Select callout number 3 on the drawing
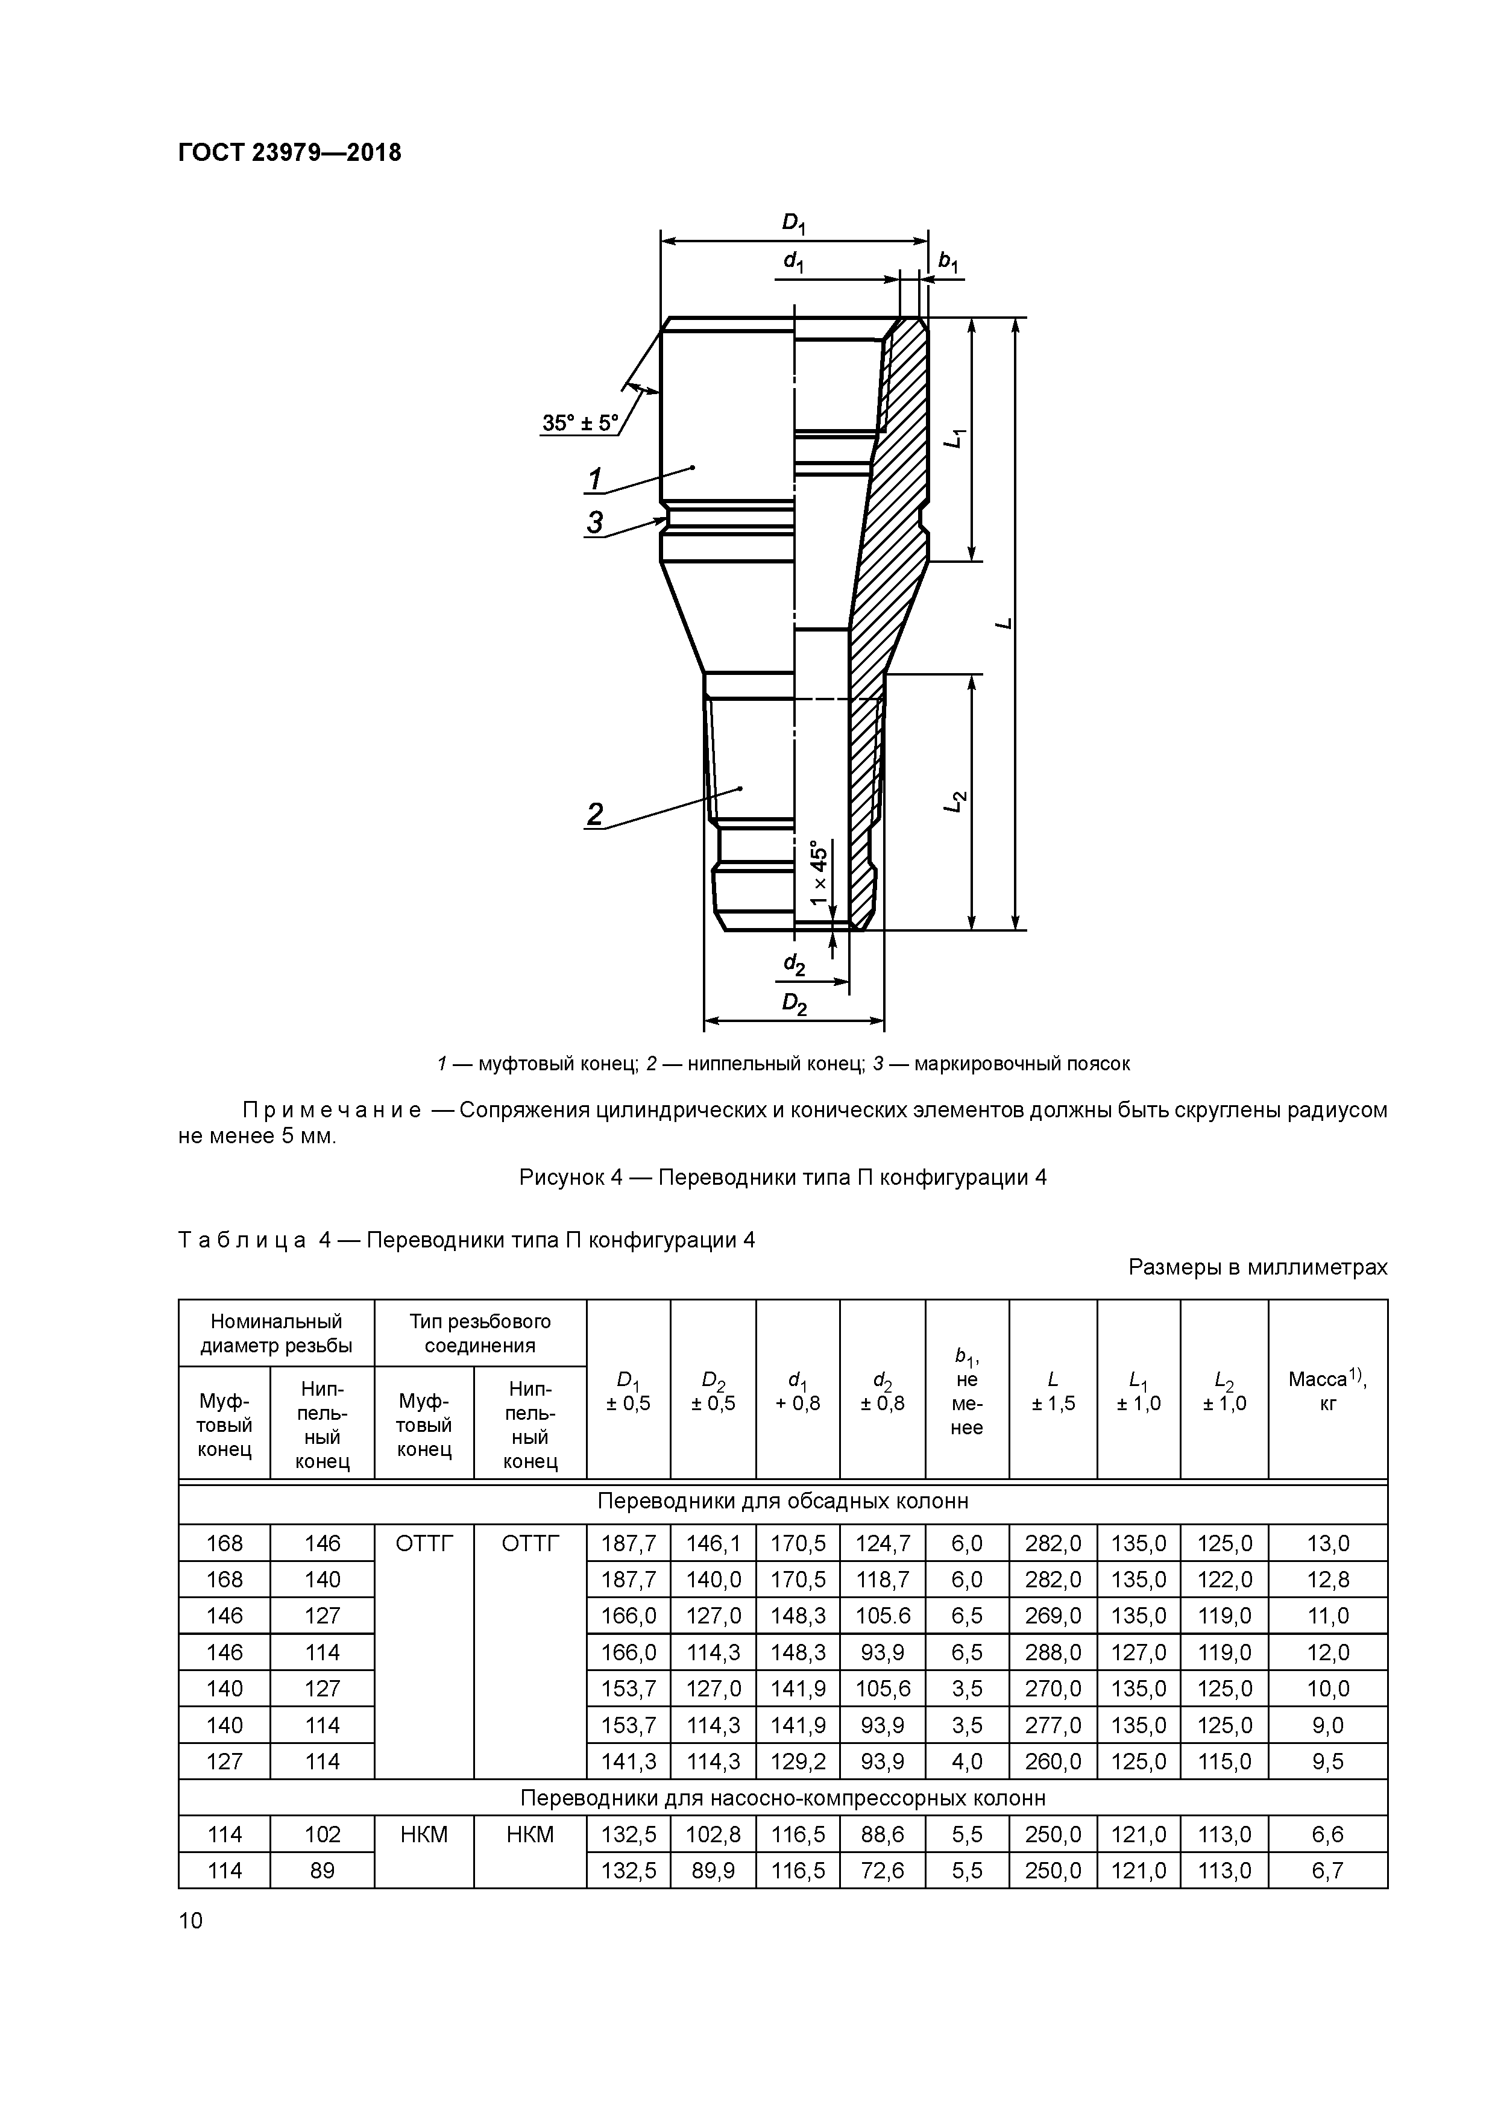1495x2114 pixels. [x=595, y=522]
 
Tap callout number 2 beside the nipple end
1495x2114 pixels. [x=595, y=814]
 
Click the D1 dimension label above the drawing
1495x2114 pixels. [x=793, y=223]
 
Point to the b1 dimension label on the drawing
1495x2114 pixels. [x=948, y=262]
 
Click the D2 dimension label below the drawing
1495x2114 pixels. [x=794, y=1003]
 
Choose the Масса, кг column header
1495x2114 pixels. [x=1327, y=1390]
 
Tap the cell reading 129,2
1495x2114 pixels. [x=798, y=1761]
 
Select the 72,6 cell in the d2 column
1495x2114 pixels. [x=883, y=1870]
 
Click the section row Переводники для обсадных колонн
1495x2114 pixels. [x=783, y=1502]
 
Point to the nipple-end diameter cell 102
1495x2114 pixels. [x=323, y=1834]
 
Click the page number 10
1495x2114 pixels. [x=190, y=1921]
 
